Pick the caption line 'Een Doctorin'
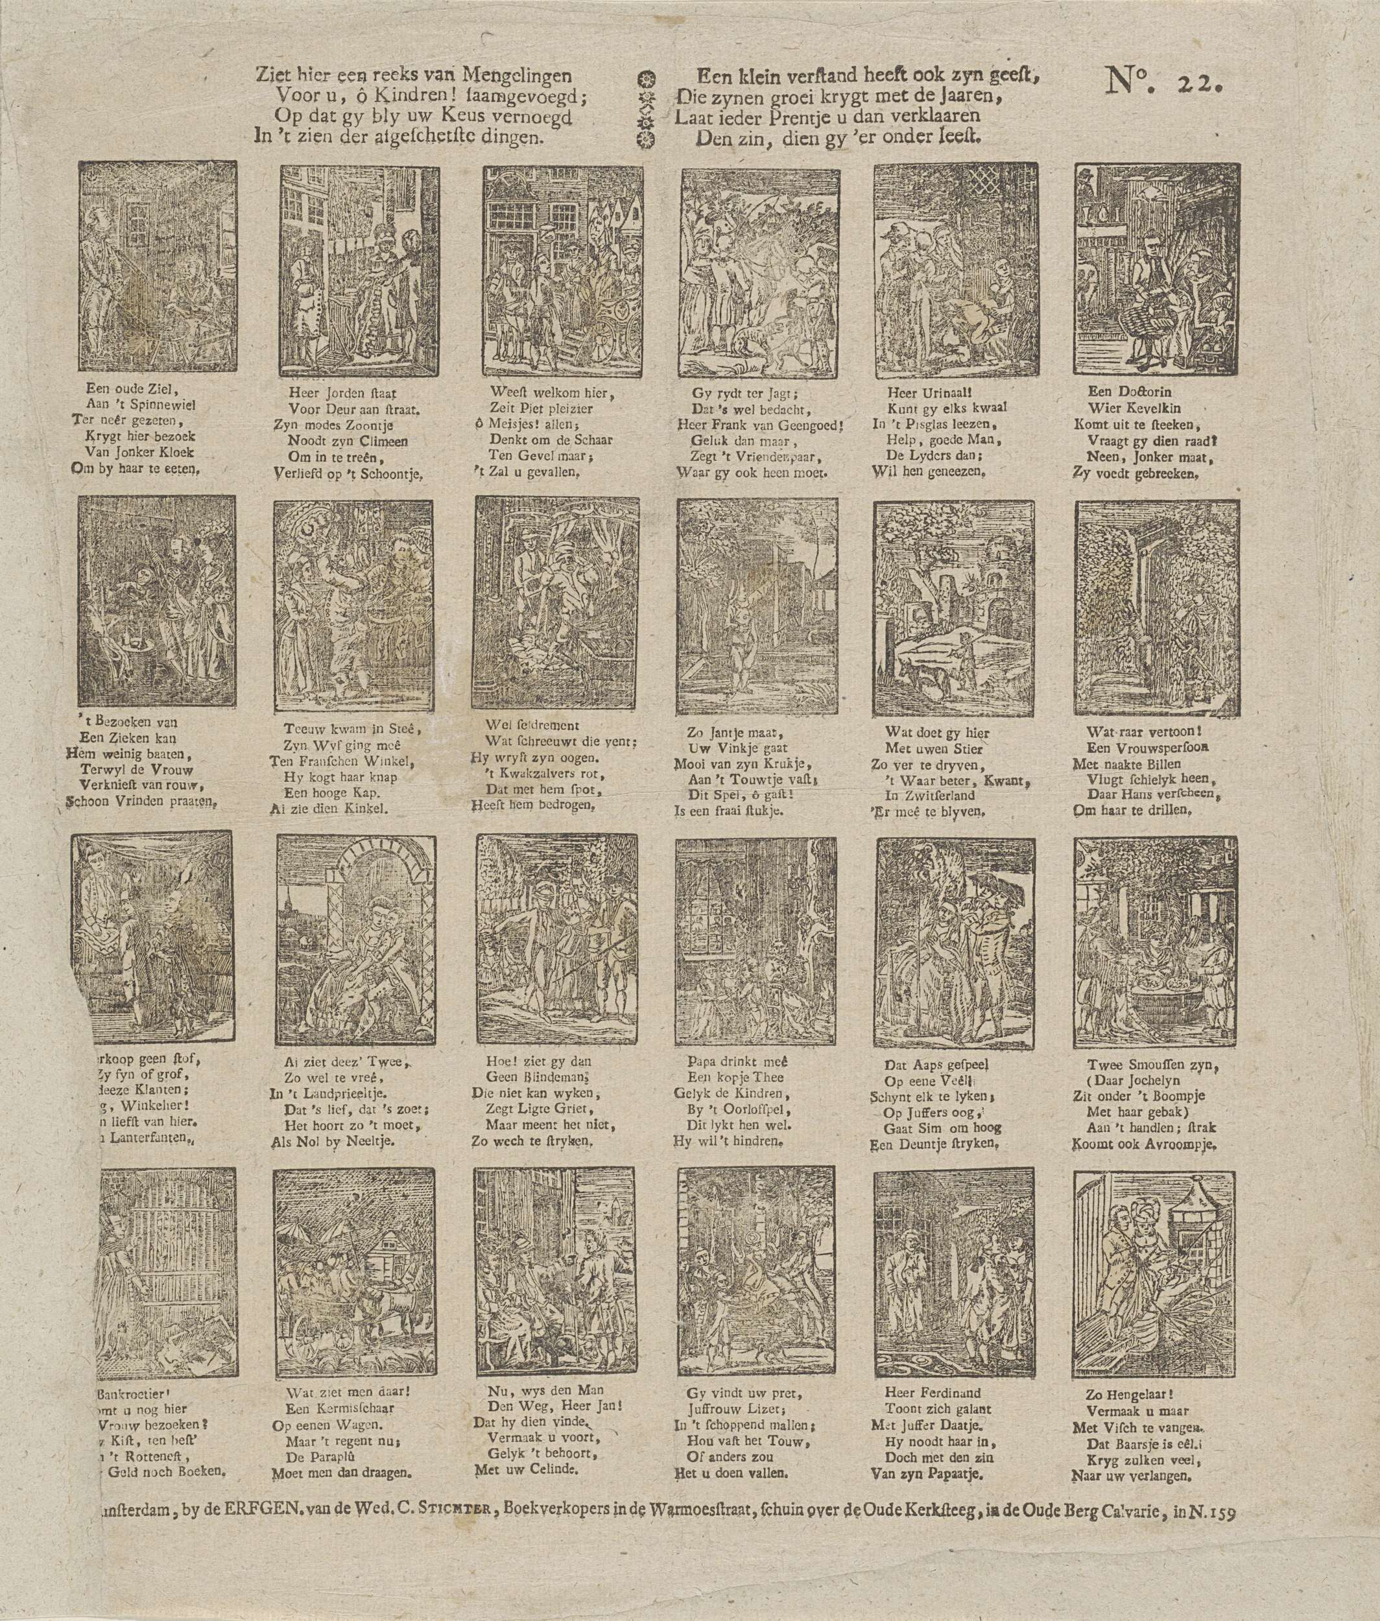coord(1130,391)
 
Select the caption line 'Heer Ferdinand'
coord(931,1393)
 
